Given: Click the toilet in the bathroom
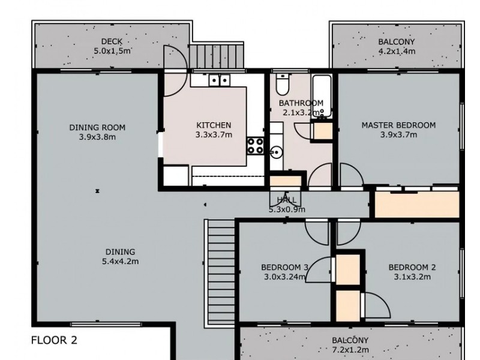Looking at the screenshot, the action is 282,84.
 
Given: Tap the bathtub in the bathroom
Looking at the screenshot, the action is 322,96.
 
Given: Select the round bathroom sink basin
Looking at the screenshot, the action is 277,152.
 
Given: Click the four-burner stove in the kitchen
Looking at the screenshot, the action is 256,146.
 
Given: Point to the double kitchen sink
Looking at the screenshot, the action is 220,80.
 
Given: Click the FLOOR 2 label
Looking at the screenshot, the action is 54,340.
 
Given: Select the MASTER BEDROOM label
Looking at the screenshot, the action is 398,125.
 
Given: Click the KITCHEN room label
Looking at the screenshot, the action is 214,125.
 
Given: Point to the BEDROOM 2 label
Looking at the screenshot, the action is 412,267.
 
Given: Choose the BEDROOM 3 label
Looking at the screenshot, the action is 284,267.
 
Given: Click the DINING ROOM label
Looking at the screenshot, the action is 97,127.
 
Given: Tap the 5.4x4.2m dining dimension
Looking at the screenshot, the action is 121,262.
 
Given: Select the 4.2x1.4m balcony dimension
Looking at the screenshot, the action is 397,51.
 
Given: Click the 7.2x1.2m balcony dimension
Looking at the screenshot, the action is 350,350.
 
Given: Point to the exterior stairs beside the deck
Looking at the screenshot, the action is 217,56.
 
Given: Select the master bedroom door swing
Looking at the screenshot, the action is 352,175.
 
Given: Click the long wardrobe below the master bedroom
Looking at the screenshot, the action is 417,205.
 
